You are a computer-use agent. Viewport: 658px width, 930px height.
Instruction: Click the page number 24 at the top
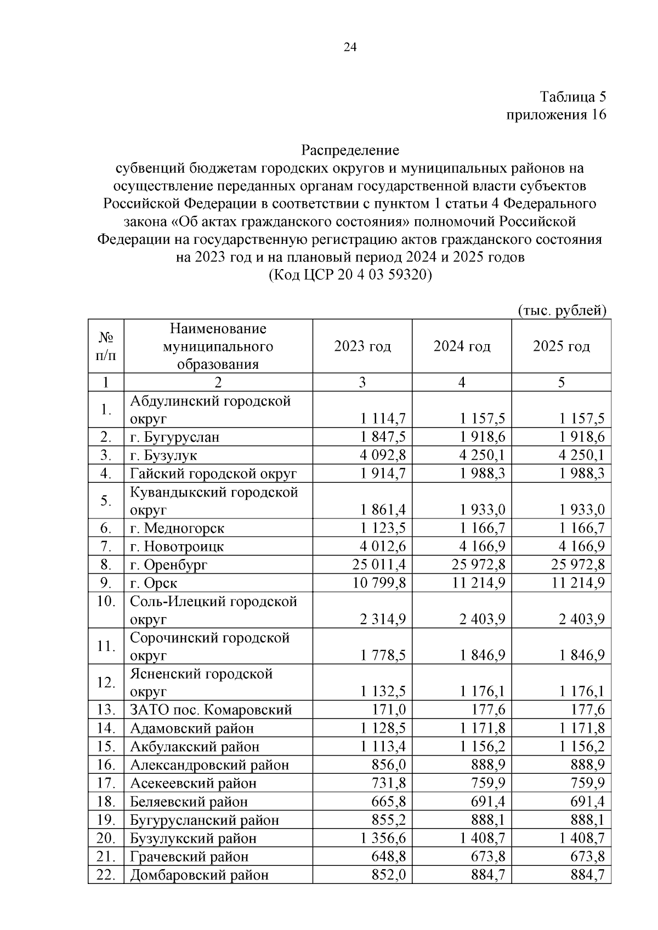point(350,48)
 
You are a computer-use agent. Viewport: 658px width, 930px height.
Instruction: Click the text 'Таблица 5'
point(573,97)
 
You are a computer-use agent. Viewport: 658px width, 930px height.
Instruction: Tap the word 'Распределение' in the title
point(350,150)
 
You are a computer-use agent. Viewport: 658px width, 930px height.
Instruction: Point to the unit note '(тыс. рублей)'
point(562,310)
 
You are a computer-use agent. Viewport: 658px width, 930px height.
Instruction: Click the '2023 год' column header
point(362,346)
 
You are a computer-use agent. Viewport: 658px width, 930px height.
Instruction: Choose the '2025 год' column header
point(561,346)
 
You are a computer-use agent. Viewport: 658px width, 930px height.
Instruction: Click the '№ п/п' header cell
point(106,346)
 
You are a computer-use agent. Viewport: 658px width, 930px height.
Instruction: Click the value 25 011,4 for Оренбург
point(381,564)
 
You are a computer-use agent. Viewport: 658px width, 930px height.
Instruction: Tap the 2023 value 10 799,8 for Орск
point(381,583)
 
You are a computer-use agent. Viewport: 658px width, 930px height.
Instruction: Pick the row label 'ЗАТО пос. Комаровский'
point(211,710)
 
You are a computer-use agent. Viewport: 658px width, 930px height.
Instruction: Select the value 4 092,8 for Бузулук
point(383,455)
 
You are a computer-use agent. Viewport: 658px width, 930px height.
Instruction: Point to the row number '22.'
point(105,875)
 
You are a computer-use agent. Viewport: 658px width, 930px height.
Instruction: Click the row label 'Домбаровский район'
point(199,875)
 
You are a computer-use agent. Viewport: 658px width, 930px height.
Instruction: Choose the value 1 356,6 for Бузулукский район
point(383,838)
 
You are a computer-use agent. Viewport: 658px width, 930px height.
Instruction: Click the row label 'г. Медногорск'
point(177,528)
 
